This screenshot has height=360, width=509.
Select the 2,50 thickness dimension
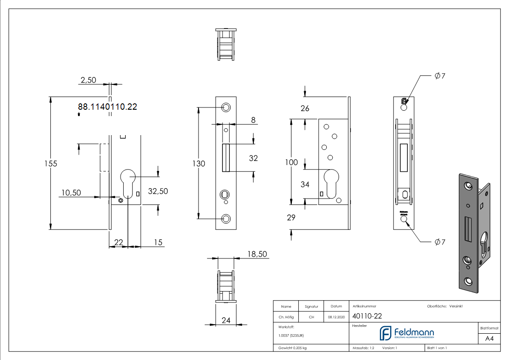[x=88, y=80]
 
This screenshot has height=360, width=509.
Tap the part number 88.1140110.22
[x=107, y=107]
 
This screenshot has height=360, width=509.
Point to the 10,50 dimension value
[x=71, y=193]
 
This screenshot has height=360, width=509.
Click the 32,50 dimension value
[x=158, y=191]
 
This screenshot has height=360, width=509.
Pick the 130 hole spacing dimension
[x=199, y=164]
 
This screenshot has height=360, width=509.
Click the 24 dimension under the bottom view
[x=226, y=321]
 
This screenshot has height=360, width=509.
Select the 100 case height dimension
[x=291, y=162]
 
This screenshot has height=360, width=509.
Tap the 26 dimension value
[x=305, y=108]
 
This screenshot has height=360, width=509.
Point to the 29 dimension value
[x=291, y=218]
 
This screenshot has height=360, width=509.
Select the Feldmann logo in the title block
[x=407, y=333]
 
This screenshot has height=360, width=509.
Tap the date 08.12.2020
[x=336, y=317]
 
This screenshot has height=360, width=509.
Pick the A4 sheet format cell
[x=490, y=338]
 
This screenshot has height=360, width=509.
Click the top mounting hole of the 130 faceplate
[x=226, y=107]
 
